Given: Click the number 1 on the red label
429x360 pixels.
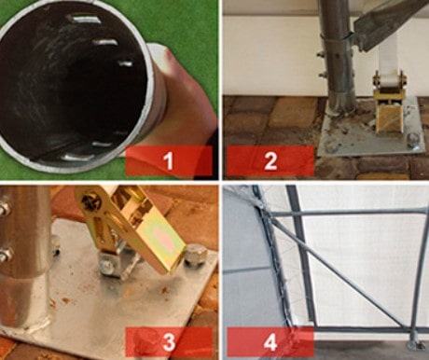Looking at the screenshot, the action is (169, 161).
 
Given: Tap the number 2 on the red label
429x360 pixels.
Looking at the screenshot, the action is (270, 161).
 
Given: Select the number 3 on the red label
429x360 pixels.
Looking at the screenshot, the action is (169, 342).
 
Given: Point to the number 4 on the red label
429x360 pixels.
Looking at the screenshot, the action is (270, 342).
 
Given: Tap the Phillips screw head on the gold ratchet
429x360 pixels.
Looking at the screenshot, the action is (91, 202).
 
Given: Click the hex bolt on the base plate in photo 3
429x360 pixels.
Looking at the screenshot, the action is (194, 256).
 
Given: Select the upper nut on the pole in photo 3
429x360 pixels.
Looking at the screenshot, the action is (5, 208).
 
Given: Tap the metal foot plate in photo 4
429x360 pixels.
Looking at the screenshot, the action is (416, 344).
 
